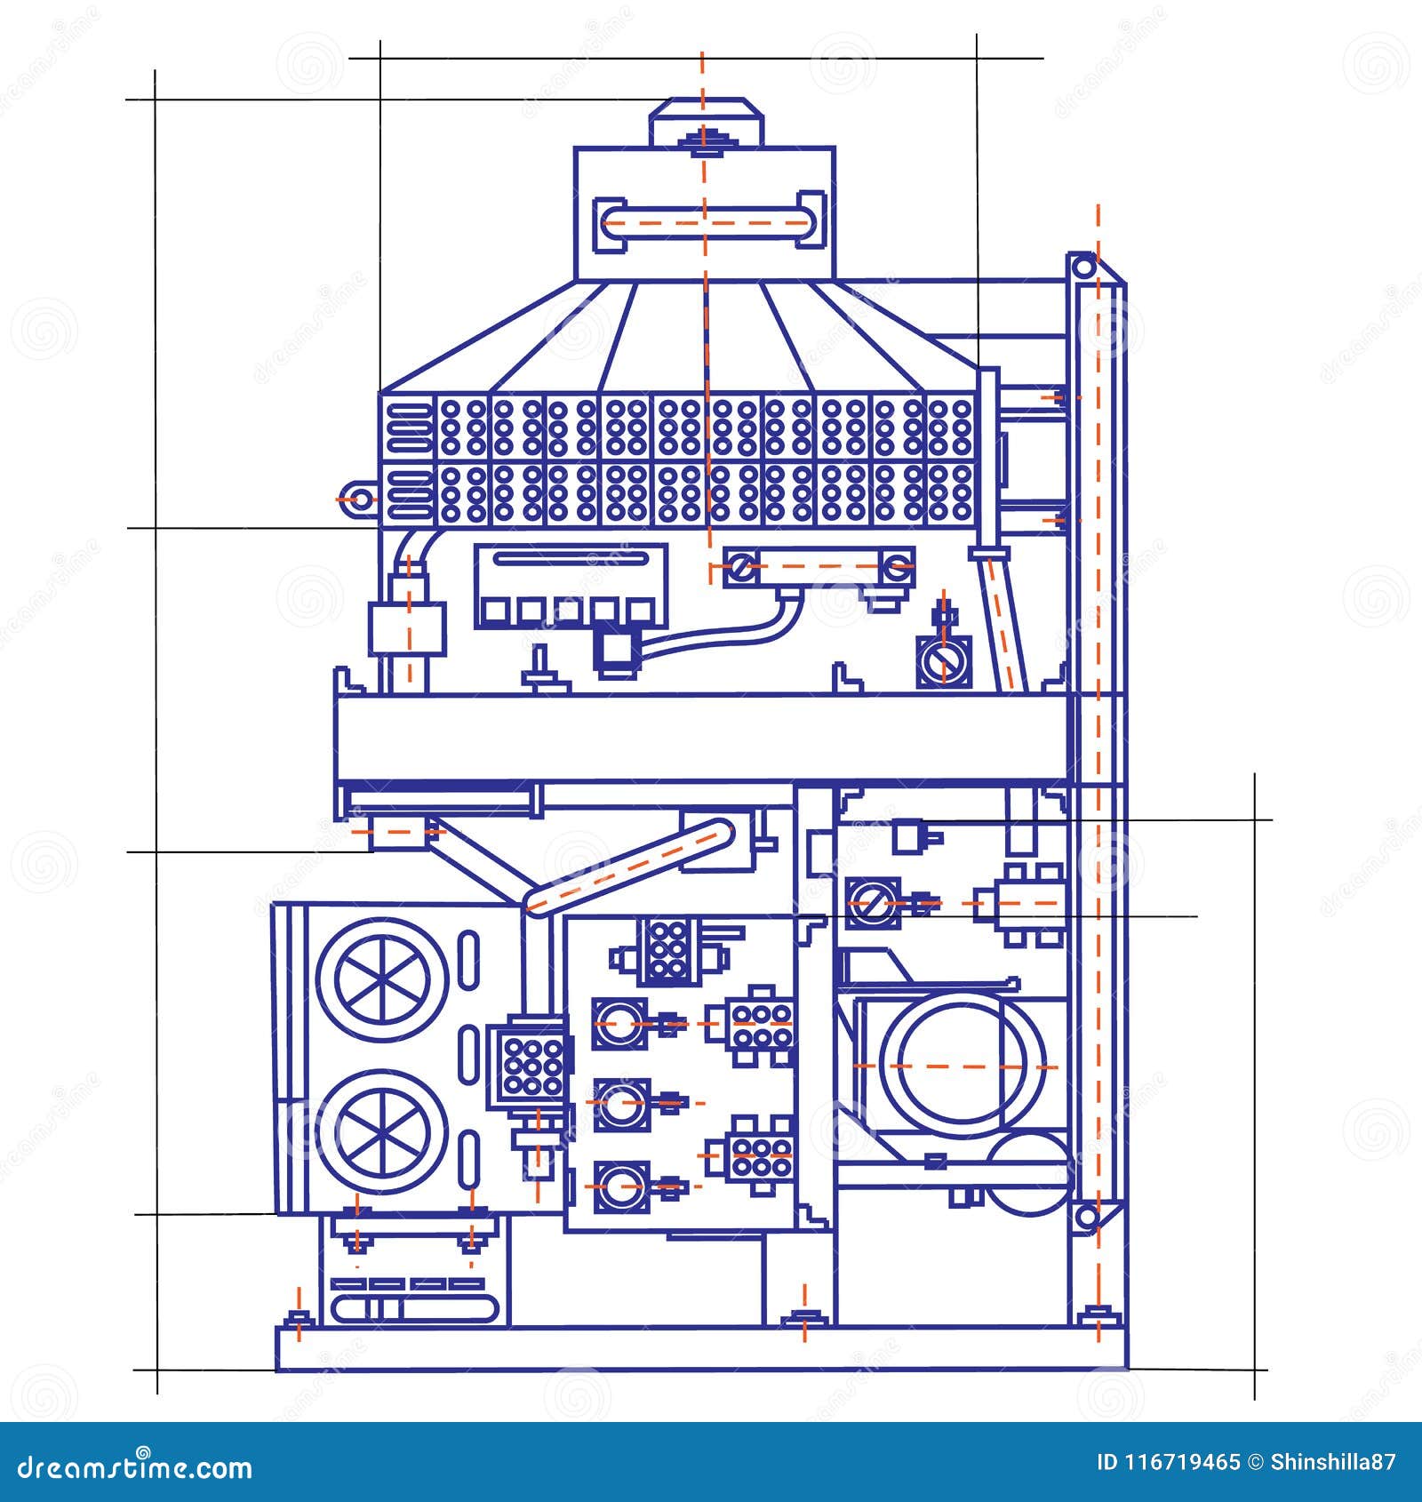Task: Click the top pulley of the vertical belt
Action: tap(1082, 266)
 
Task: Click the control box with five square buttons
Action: tap(571, 586)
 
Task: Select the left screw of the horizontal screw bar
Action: tap(740, 566)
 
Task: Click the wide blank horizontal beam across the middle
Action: tap(702, 738)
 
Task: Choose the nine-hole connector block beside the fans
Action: tap(531, 1064)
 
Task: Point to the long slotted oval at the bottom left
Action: tap(416, 1308)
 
